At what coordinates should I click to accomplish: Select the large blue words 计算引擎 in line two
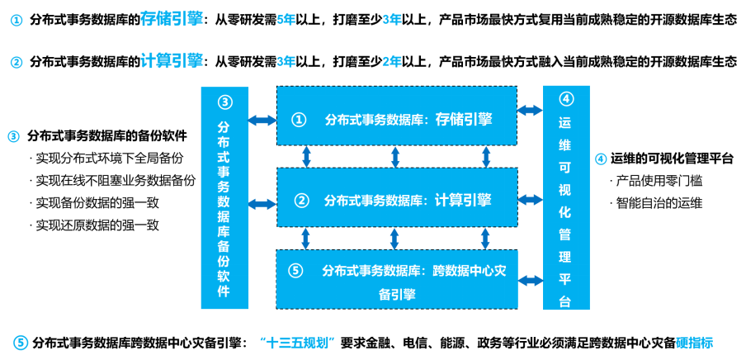(x=171, y=60)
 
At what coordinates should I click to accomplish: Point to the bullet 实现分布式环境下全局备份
(x=106, y=157)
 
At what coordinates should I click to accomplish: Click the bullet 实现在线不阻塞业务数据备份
(x=112, y=179)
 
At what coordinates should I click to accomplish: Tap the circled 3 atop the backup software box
(x=224, y=102)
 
